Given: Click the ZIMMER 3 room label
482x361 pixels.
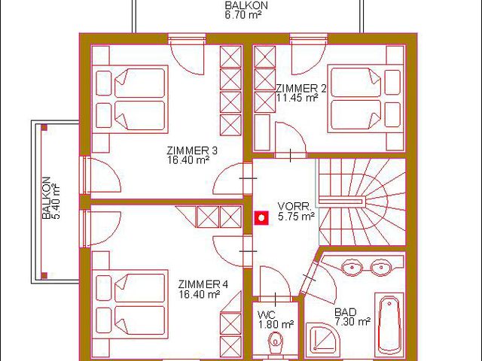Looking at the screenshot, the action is (192, 150).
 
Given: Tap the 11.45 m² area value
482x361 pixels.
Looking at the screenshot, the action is (296, 98).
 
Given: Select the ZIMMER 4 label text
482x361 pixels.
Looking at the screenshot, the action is (203, 284).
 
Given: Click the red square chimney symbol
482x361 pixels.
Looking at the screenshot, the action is (261, 218).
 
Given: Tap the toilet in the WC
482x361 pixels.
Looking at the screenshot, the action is (276, 342).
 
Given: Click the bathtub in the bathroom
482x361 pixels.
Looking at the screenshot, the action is (389, 325).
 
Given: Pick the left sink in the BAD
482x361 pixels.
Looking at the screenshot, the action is (352, 267).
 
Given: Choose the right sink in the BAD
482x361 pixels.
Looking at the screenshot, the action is (381, 267).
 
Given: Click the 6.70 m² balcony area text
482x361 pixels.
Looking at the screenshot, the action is (243, 15).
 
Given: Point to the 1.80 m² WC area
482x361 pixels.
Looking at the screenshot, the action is (276, 324).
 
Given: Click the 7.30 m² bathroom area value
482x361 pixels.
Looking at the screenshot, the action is (352, 322).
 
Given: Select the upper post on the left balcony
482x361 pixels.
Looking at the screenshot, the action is (44, 128).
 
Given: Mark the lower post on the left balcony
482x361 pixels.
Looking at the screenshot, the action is (44, 275).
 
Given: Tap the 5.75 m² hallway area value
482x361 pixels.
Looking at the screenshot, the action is (296, 216).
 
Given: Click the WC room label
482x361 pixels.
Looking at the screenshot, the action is (267, 314).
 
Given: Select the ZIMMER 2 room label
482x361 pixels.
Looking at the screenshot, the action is (300, 89).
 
